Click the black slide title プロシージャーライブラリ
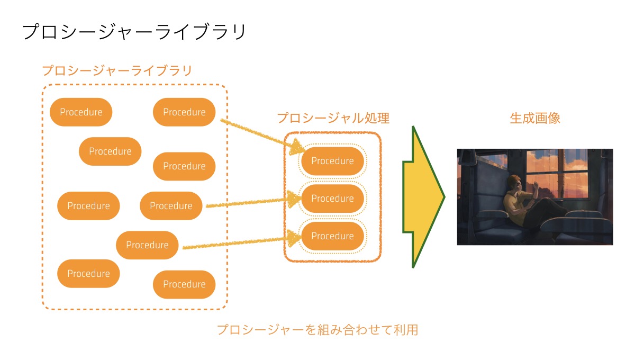pos(134,32)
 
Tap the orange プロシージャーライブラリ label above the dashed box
pos(117,70)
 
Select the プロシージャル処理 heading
pos(333,118)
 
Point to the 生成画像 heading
pos(535,118)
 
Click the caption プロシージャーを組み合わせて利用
pos(317,330)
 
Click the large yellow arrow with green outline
pos(423,197)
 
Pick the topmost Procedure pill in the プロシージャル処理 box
pos(332,161)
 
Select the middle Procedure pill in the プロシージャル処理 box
pos(332,199)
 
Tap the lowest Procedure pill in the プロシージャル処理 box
pos(332,236)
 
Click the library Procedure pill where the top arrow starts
pos(184,112)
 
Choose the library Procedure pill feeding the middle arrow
pos(171,205)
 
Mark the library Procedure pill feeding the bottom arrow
pos(147,245)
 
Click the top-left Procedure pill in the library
pos(81,112)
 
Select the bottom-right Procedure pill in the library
pos(184,284)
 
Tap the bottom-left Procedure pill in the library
pos(88,274)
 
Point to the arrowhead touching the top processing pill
pos(297,147)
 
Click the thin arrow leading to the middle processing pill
pos(253,202)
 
